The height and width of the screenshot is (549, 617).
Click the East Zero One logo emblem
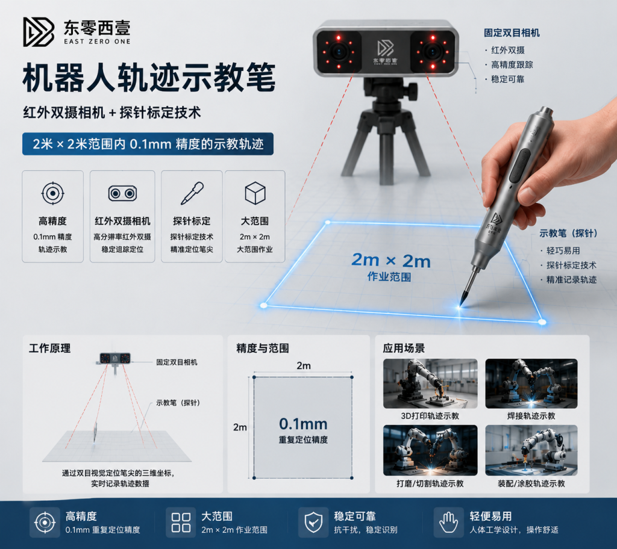39,32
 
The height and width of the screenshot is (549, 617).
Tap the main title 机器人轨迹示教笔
149,78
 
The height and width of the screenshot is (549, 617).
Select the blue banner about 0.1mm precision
148,144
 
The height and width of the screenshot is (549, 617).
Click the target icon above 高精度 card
53,193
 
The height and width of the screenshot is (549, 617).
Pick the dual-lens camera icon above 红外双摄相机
122,193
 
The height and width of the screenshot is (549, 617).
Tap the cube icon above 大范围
255,193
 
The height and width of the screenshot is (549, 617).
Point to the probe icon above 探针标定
192,193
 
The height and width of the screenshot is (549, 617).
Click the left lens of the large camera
339,52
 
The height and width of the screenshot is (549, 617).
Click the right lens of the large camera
433,52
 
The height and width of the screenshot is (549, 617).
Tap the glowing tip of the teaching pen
461,305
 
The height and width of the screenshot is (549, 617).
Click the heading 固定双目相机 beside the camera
512,33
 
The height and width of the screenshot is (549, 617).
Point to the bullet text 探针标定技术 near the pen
571,265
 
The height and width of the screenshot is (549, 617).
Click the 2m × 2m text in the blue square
390,260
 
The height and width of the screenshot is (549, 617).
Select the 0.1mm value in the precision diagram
303,424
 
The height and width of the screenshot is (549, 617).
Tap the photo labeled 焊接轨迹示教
531,383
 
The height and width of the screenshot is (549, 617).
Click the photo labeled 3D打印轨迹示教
430,383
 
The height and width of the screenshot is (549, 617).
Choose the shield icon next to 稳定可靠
313,523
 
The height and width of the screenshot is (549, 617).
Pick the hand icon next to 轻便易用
448,523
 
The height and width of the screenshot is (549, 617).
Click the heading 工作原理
49,348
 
